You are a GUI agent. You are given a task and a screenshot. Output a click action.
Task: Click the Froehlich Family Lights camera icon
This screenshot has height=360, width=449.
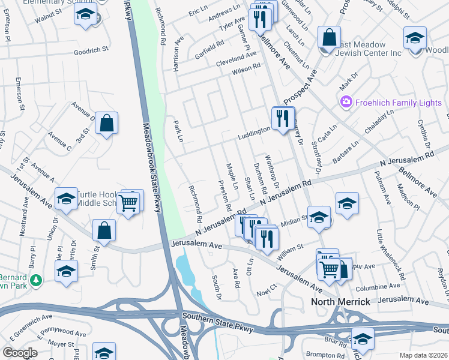(345, 103)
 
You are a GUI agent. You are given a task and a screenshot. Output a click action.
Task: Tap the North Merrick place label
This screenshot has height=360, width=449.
(340, 301)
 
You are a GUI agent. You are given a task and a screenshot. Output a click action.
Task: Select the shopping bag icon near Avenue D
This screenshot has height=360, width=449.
(106, 124)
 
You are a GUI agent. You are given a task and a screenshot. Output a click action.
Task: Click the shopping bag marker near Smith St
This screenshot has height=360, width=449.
(104, 230)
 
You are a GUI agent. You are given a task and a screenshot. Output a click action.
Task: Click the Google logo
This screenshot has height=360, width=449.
(20, 353)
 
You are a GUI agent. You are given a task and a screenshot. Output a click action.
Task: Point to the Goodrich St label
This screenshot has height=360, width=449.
(90, 52)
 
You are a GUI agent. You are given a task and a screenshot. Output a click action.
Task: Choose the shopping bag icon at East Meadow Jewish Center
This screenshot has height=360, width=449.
(329, 38)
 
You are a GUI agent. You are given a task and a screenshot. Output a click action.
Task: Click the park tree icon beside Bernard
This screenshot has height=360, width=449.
(36, 280)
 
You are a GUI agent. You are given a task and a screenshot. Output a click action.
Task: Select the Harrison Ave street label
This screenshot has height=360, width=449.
(177, 53)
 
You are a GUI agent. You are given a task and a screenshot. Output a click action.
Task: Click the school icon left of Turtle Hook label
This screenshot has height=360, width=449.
(66, 199)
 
